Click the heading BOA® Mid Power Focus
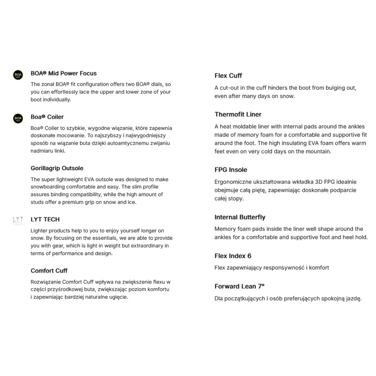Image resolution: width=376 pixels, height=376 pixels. point(64,73)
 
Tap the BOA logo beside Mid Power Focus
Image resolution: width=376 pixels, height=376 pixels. point(18,75)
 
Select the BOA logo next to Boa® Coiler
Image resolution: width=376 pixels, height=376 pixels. point(18,119)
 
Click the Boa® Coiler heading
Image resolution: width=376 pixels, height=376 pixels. point(47,117)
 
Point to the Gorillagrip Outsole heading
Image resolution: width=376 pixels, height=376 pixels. point(57,168)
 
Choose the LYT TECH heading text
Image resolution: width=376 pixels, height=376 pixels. point(45,219)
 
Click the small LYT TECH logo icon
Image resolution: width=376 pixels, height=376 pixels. point(18,221)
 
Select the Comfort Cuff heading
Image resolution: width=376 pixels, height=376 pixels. point(49,271)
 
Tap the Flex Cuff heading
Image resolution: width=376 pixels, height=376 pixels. point(228,76)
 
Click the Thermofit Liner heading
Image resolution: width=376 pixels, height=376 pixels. point(238,115)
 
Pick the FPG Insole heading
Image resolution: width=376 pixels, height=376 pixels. point(231,170)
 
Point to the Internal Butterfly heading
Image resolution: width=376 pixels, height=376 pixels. point(240,217)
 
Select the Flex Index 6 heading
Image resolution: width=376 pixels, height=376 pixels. point(233,256)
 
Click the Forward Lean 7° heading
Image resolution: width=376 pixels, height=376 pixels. point(240,286)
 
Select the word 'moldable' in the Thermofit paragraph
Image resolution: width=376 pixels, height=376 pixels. point(244,126)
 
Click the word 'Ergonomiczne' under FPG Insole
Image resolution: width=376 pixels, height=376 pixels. point(233,182)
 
